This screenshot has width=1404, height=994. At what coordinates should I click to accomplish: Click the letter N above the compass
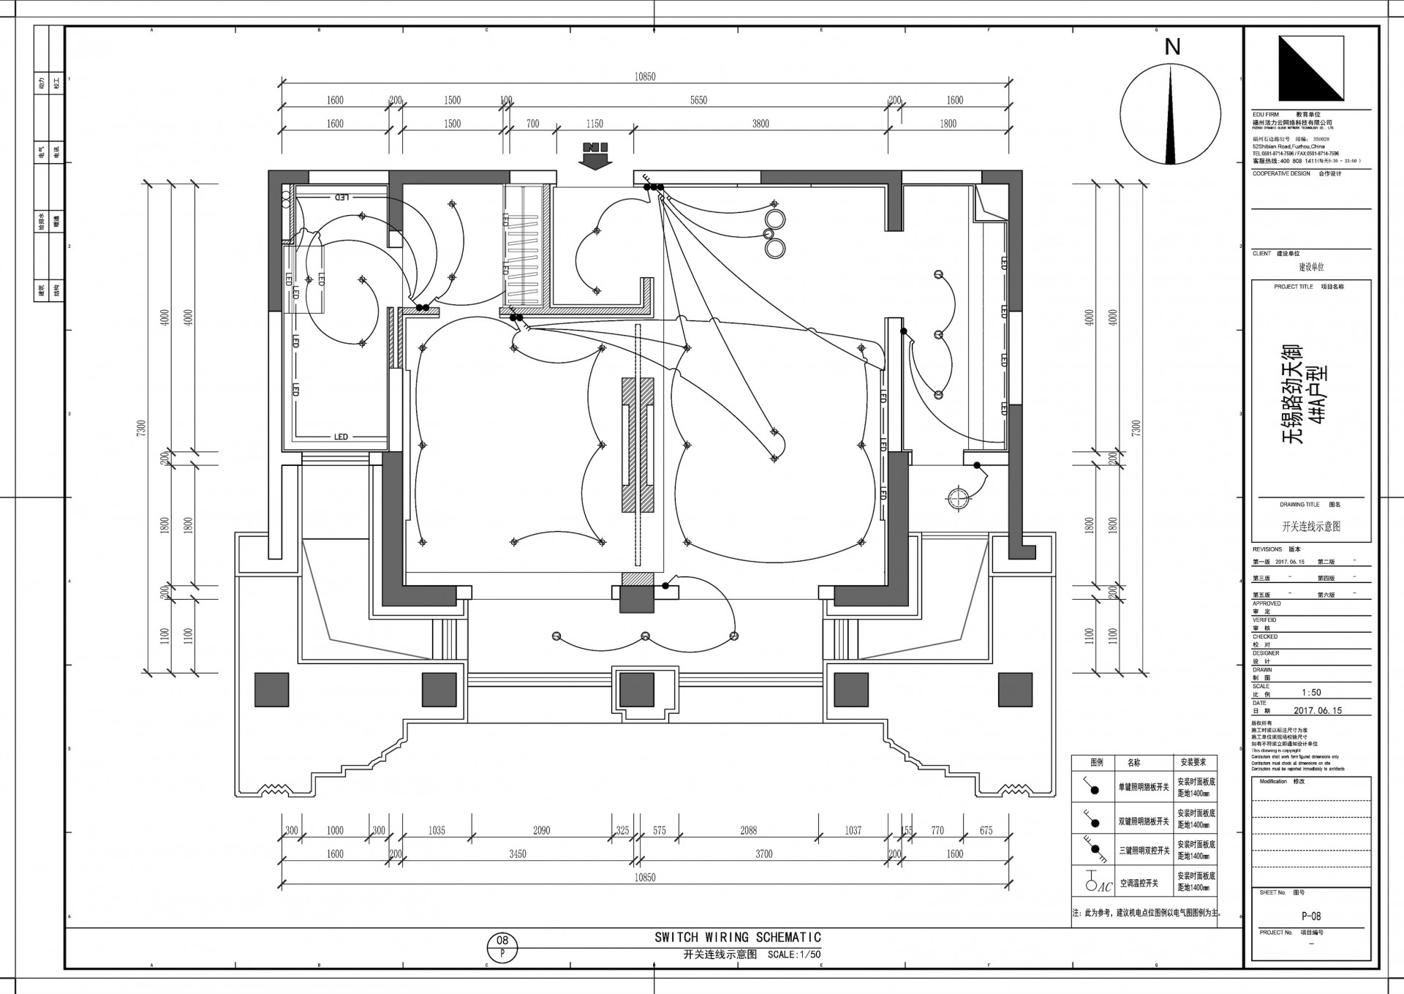[1172, 47]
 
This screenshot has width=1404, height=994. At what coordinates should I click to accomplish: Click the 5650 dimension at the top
[698, 100]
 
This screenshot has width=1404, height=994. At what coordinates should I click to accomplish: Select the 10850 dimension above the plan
[645, 77]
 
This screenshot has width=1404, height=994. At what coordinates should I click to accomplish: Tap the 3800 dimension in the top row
[760, 124]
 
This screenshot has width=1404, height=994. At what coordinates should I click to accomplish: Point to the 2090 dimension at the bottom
[541, 830]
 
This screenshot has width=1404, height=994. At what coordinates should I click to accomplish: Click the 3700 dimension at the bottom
[763, 854]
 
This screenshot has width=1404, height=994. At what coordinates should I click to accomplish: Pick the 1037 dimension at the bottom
[853, 830]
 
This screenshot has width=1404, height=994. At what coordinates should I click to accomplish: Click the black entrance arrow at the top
[596, 156]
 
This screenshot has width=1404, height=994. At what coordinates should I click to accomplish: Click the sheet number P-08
[1310, 916]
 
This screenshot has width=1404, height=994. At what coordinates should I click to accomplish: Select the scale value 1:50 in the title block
[1311, 692]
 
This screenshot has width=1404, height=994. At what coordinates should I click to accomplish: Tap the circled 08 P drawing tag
[502, 947]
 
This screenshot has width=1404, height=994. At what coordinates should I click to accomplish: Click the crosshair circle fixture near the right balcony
[957, 498]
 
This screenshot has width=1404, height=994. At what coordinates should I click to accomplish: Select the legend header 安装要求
[1194, 762]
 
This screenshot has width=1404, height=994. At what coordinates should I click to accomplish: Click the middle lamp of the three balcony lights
[645, 636]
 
